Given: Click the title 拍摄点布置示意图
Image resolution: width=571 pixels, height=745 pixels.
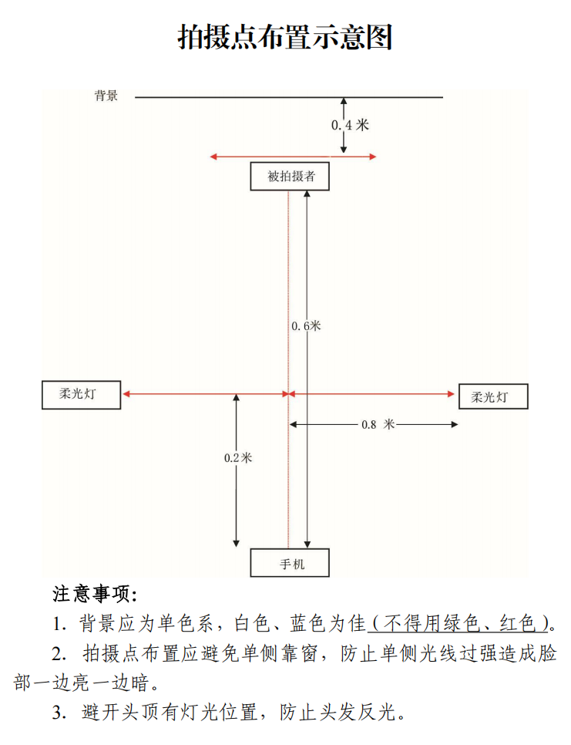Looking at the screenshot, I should pyautogui.click(x=285, y=36).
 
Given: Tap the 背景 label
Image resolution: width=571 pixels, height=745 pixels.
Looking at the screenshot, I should pyautogui.click(x=106, y=96).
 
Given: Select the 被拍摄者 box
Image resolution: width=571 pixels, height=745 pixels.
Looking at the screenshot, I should pyautogui.click(x=290, y=177).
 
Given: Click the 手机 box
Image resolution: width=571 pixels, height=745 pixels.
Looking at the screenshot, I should pyautogui.click(x=290, y=563).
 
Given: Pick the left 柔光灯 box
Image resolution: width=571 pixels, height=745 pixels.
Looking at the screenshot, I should pyautogui.click(x=81, y=395).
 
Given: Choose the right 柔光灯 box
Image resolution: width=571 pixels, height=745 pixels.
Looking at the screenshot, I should pyautogui.click(x=494, y=396).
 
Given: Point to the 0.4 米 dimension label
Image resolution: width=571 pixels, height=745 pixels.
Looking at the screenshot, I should pyautogui.click(x=350, y=125).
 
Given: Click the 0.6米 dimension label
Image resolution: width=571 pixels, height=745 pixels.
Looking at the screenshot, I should pyautogui.click(x=306, y=326).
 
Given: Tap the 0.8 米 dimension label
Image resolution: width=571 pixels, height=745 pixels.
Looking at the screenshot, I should pyautogui.click(x=378, y=424).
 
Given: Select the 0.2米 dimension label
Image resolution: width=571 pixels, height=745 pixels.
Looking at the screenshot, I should pyautogui.click(x=238, y=457).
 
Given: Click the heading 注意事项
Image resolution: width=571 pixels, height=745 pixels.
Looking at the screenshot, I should pyautogui.click(x=94, y=595).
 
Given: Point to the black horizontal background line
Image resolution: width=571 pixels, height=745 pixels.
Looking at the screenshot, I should pyautogui.click(x=289, y=97).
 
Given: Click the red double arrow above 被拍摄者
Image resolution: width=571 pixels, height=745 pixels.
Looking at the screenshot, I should pyautogui.click(x=293, y=157).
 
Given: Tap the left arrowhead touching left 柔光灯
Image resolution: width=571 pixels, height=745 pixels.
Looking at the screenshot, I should pyautogui.click(x=126, y=394).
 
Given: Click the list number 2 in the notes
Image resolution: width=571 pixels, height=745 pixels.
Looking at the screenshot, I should pyautogui.click(x=59, y=654).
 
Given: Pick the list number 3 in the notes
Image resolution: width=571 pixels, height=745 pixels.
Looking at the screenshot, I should pyautogui.click(x=59, y=713).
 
